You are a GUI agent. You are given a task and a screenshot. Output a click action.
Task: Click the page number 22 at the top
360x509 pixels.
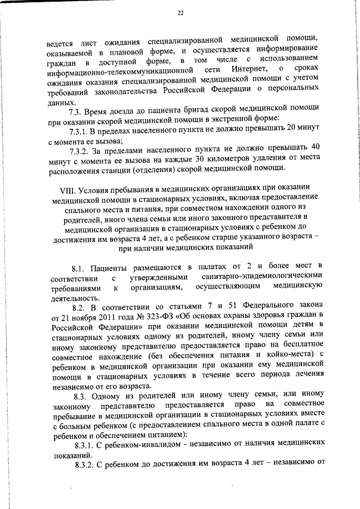pyautogui.click(x=180, y=13)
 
